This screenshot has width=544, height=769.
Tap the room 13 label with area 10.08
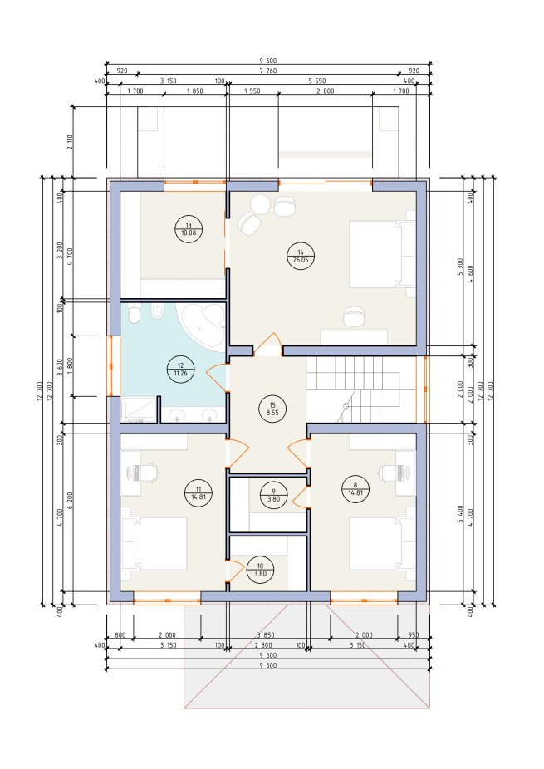point(189,228)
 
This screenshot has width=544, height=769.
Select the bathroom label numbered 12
point(180,369)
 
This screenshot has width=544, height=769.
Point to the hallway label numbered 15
point(272,409)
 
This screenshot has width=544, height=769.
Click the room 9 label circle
point(274,495)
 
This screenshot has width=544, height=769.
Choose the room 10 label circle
point(260,570)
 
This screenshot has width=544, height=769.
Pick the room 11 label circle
point(198,492)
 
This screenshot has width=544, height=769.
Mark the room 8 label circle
point(355,488)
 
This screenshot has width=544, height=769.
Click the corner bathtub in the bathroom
point(202,325)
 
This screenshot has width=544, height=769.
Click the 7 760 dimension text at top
point(268,71)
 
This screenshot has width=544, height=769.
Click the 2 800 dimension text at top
point(325,91)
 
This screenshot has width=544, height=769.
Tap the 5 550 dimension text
point(317,81)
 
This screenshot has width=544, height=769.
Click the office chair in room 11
point(148,473)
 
